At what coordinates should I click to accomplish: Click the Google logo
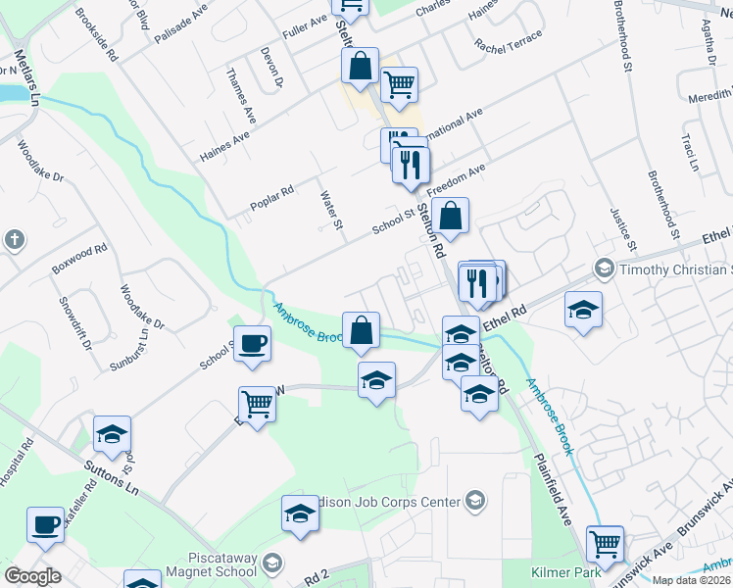tap(32, 576)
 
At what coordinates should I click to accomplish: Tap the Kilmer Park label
tap(558, 567)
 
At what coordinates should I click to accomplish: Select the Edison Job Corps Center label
tap(393, 502)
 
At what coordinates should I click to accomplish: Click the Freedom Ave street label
tap(461, 177)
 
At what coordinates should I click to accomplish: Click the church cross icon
tap(14, 239)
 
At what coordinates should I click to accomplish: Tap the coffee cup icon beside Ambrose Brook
tap(253, 344)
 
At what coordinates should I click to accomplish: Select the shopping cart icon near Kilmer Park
tap(605, 542)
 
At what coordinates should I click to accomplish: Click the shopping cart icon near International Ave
tap(399, 85)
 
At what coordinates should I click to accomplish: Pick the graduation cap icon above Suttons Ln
tap(112, 433)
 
